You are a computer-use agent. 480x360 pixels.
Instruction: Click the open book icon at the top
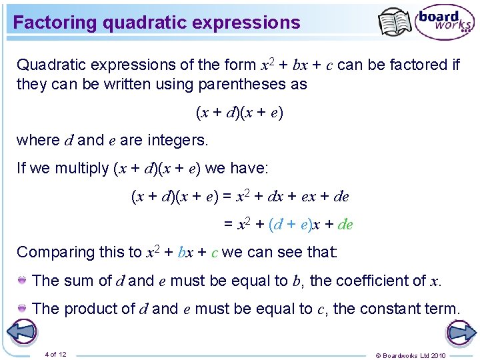395,23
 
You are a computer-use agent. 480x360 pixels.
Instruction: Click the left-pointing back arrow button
23,332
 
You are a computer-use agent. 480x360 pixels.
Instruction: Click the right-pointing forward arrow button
460,332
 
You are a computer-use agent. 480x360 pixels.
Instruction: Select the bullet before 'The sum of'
23,280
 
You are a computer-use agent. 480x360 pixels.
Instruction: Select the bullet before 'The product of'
23,308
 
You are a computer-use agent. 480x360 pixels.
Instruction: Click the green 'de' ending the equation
345,224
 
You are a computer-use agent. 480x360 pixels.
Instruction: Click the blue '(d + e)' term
289,224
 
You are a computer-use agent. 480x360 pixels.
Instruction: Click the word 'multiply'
84,168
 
